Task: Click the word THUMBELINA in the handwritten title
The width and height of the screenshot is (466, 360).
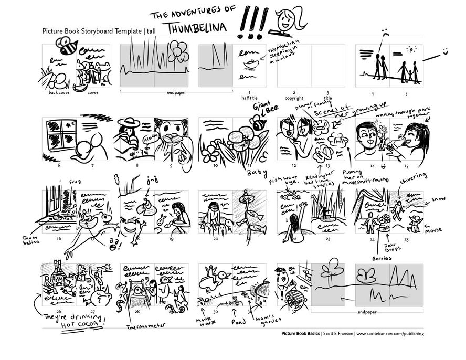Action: click(198, 29)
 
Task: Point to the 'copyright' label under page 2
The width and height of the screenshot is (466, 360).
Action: click(293, 98)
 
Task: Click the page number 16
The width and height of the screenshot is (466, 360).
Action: click(59, 239)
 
